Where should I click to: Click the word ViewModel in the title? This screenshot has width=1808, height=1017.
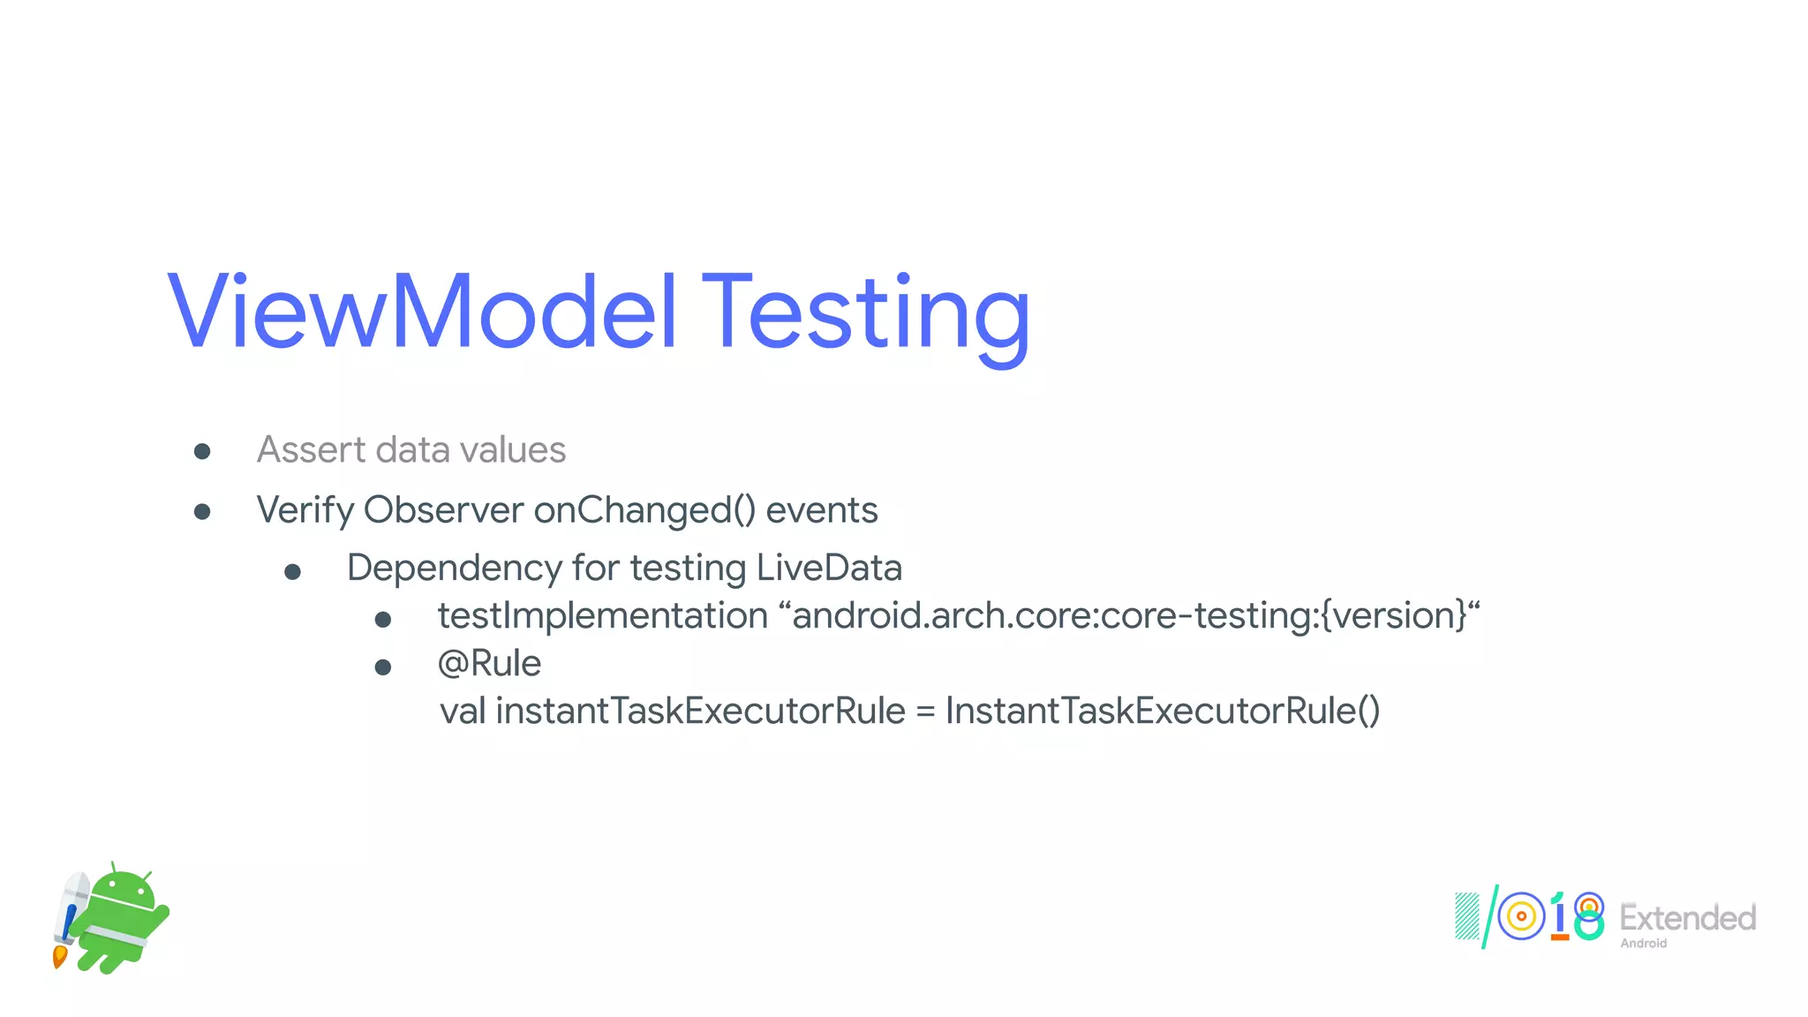[422, 313]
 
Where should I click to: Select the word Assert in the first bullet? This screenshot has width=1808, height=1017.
[310, 450]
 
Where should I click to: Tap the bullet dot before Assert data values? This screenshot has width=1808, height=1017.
[202, 452]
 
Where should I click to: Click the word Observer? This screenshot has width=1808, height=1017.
[443, 510]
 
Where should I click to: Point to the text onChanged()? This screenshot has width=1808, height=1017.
[644, 510]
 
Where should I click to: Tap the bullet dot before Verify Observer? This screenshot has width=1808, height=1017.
[202, 511]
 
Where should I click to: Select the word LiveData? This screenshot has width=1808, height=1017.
[829, 568]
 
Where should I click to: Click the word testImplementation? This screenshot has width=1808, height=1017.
[603, 616]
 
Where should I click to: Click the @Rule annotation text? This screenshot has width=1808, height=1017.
[489, 664]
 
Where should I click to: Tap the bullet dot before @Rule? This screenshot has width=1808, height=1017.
[383, 667]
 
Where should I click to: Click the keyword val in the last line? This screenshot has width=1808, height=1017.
[463, 712]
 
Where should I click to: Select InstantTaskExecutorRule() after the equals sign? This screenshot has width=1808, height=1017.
[1162, 712]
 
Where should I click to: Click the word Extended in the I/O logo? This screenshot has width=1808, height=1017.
[1687, 918]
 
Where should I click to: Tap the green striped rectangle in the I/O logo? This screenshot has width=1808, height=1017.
[1466, 917]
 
